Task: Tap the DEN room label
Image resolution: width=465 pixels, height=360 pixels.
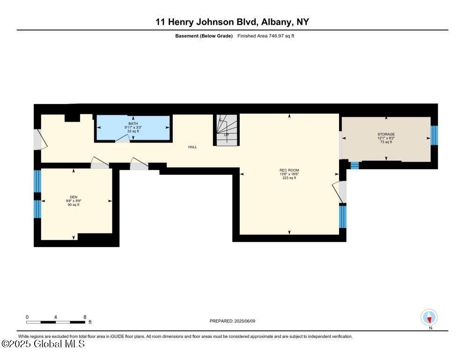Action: click(74, 197)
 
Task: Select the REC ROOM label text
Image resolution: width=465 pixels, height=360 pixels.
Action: click(289, 170)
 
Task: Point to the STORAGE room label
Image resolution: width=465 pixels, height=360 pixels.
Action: click(386, 135)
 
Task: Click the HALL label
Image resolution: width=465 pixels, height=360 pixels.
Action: click(192, 147)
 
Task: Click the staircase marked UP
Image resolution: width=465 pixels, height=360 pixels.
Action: click(227, 130)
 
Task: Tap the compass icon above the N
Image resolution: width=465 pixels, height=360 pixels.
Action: click(429, 317)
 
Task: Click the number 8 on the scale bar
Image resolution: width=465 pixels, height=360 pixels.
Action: click(85, 317)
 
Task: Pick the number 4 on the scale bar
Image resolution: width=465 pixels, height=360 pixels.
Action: click(55, 317)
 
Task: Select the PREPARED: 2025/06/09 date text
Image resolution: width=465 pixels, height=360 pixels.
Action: click(232, 321)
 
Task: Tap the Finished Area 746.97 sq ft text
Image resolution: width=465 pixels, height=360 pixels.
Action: click(266, 36)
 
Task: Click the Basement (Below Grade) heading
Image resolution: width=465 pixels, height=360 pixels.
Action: click(204, 36)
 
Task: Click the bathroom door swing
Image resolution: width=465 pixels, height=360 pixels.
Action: click(122, 138)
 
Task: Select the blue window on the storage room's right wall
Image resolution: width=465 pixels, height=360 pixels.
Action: click(434, 135)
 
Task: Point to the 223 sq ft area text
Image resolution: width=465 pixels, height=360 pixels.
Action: click(289, 178)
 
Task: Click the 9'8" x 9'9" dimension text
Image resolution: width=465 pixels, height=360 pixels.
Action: click(74, 201)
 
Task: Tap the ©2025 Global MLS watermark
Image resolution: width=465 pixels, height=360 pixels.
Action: click(43, 344)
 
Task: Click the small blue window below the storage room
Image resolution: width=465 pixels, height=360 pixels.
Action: click(354, 165)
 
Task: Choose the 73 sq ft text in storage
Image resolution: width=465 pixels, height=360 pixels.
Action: click(386, 142)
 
